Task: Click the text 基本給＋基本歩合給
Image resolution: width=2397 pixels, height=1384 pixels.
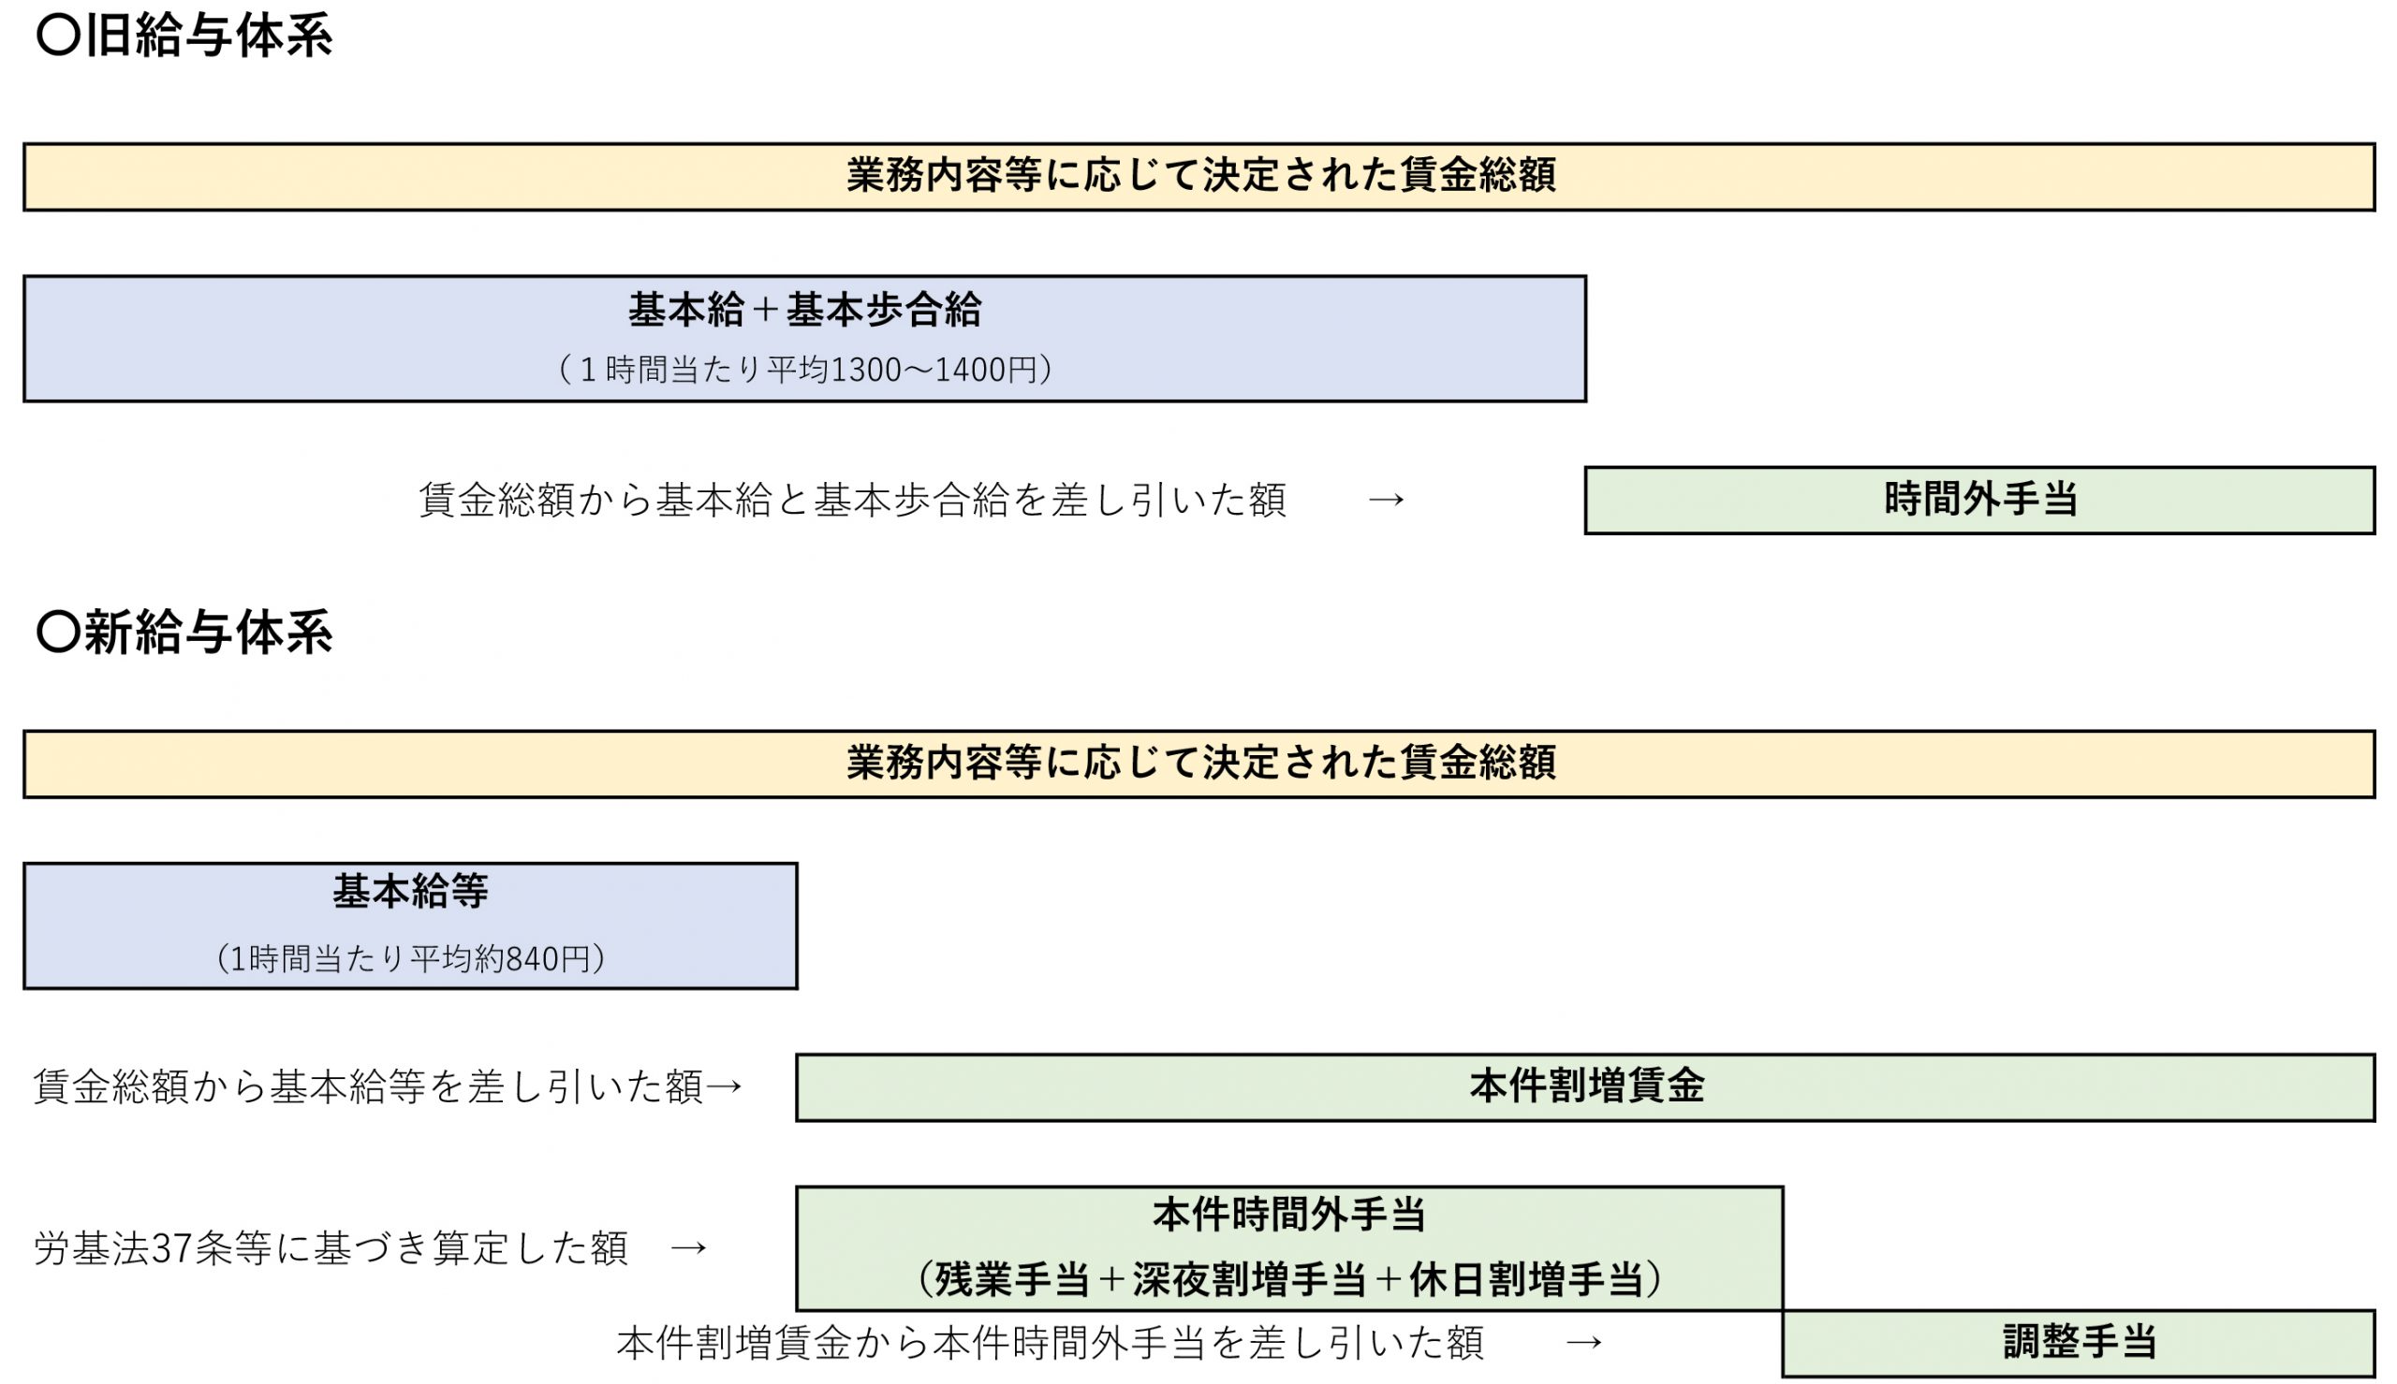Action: click(x=804, y=310)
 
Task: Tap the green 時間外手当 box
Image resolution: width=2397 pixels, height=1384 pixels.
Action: click(x=1979, y=500)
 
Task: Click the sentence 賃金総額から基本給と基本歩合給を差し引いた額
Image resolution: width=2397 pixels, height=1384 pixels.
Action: click(x=852, y=500)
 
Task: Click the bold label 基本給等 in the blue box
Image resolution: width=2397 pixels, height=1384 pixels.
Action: click(x=410, y=892)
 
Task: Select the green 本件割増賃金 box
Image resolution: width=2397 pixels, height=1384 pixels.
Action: click(x=1585, y=1086)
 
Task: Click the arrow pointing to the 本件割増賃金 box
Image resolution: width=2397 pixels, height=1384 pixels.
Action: click(x=725, y=1086)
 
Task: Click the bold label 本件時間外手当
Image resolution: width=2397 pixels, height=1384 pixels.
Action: click(x=1288, y=1215)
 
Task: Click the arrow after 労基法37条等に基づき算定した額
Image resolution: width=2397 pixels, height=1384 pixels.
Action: click(x=688, y=1248)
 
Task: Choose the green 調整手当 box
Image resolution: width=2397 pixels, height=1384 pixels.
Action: click(x=2079, y=1342)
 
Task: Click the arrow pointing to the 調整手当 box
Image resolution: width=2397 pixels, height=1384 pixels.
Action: click(x=1584, y=1342)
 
